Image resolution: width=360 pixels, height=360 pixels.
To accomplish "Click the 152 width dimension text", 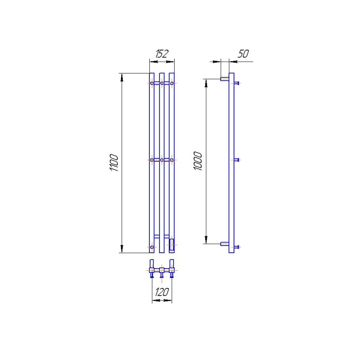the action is click(162, 54).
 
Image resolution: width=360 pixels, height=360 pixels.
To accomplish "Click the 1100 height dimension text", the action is click(114, 163).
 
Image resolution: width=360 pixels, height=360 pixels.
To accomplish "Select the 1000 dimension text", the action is click(198, 161).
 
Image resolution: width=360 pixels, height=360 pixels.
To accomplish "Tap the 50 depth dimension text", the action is click(243, 54).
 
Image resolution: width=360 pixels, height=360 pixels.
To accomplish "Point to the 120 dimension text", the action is click(162, 292).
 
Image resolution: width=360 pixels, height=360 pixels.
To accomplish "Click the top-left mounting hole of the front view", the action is click(152, 83).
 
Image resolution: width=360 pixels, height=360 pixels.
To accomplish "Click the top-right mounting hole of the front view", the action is click(172, 83).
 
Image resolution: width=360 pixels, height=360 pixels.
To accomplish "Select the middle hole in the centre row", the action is click(162, 160).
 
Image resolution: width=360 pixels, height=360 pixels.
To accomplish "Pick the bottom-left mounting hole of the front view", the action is click(152, 247).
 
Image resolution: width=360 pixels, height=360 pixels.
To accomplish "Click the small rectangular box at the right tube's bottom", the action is click(171, 245).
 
